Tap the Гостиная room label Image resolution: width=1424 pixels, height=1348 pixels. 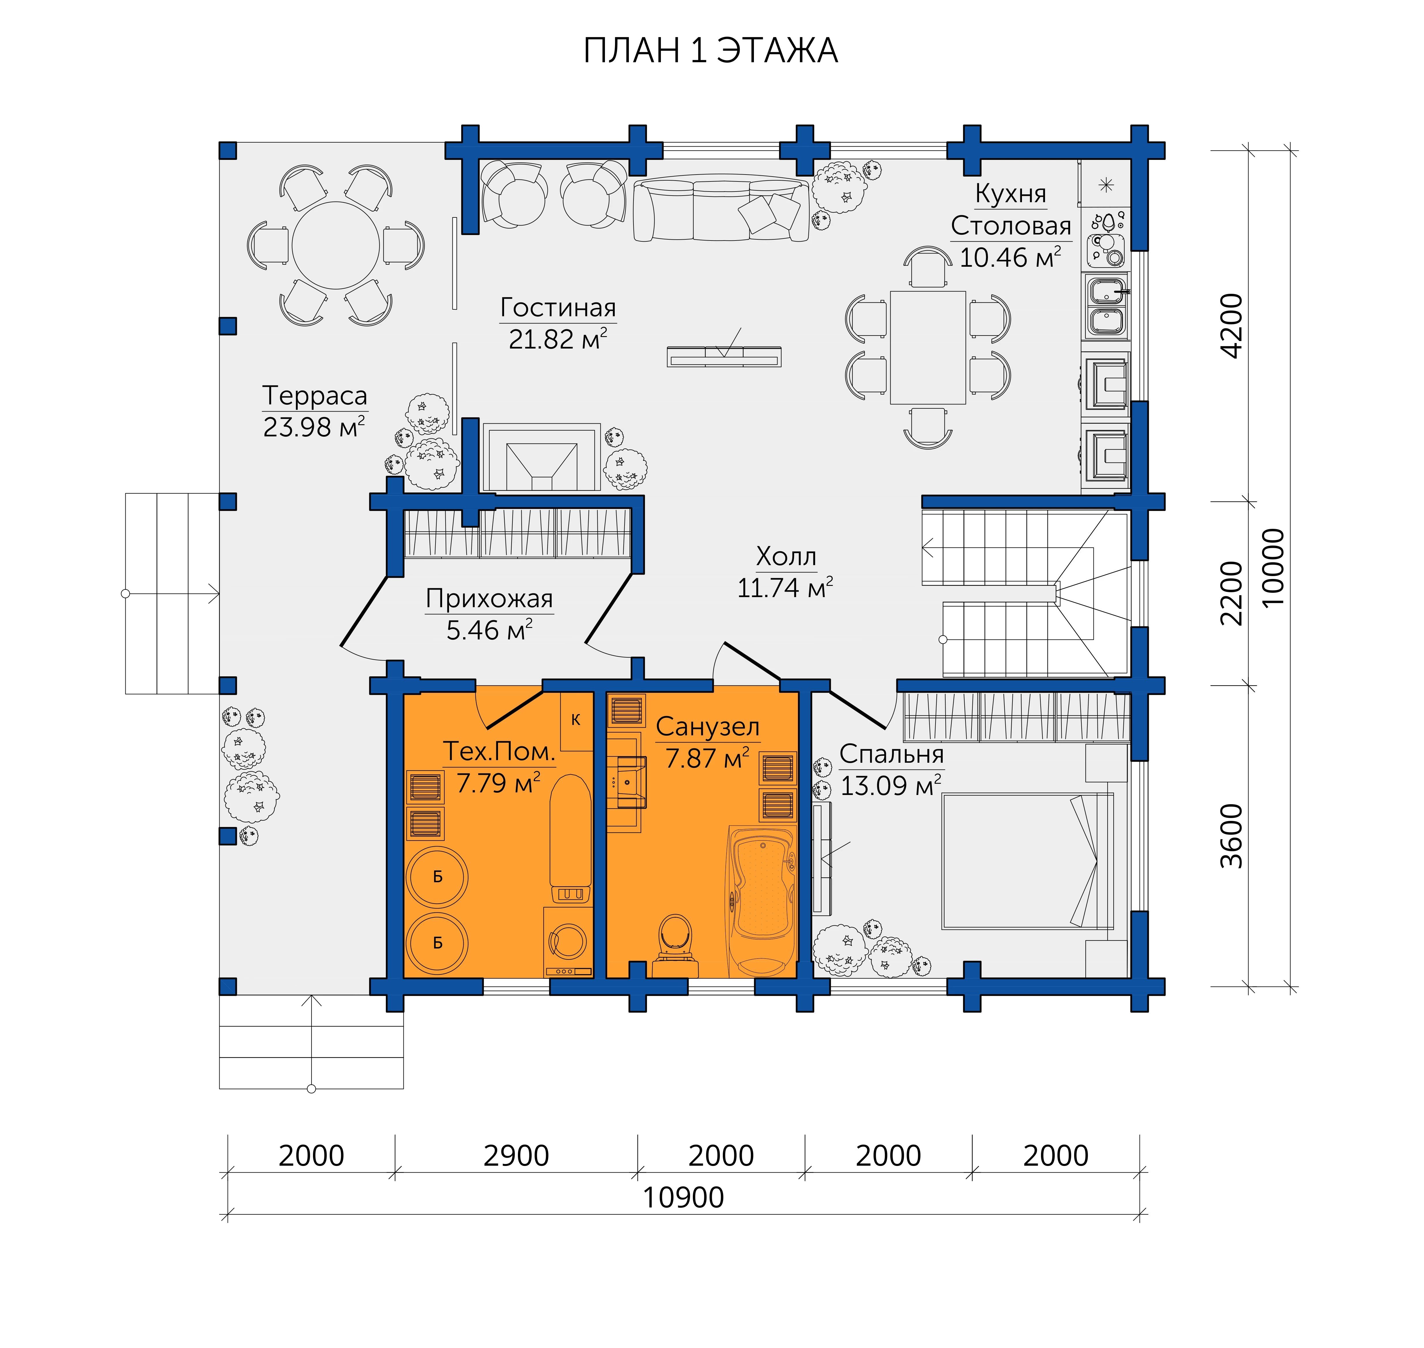click(x=558, y=308)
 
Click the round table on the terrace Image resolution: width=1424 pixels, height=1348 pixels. click(x=336, y=245)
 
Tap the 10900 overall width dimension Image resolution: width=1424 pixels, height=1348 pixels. click(x=683, y=1197)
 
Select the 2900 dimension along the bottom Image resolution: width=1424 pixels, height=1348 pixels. click(x=516, y=1155)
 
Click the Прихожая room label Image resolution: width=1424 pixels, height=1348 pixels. click(x=489, y=599)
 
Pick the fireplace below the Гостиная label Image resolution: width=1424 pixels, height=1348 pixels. click(x=541, y=457)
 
